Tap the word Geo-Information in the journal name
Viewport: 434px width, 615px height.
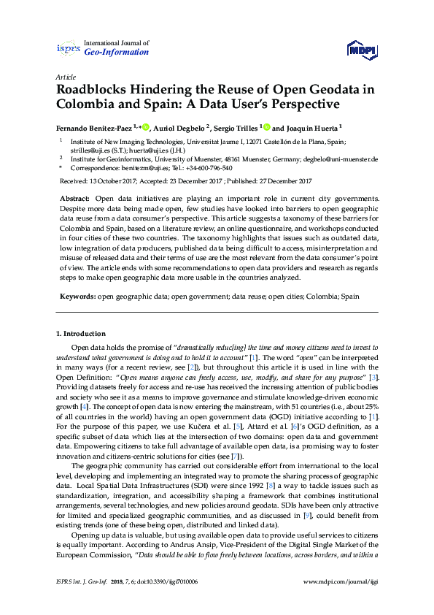[x=117, y=53]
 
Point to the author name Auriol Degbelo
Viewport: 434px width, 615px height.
[x=179, y=128]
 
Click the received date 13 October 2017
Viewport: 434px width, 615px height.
[x=112, y=180]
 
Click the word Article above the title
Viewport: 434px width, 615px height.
[x=66, y=77]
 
